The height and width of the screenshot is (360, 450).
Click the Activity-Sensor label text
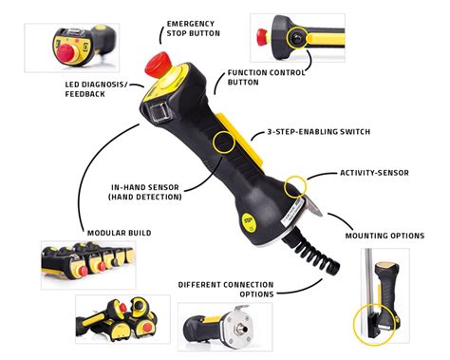point(376,173)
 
